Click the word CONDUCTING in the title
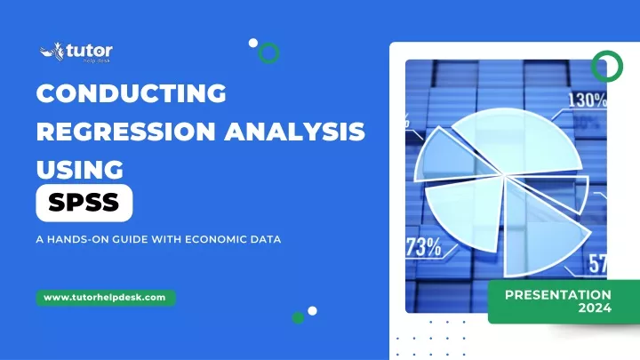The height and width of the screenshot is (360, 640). point(131,93)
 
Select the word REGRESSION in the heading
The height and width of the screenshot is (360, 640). point(126,132)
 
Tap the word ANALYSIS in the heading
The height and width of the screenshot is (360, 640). point(295,132)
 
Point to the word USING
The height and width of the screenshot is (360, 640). point(80,170)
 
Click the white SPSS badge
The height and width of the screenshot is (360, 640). point(84,203)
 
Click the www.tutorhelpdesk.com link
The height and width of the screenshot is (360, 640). point(105,298)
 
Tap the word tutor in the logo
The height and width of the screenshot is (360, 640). point(89,51)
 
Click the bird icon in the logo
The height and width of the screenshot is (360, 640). point(52,52)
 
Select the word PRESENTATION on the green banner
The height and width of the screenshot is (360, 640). point(558,295)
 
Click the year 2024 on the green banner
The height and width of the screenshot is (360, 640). point(595,308)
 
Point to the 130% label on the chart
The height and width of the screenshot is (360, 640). point(587,100)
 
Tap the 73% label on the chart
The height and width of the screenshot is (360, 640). point(424,246)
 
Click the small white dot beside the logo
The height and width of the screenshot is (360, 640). point(253,43)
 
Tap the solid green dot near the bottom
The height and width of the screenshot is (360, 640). point(298,317)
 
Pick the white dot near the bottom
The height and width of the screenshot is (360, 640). point(312,311)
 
